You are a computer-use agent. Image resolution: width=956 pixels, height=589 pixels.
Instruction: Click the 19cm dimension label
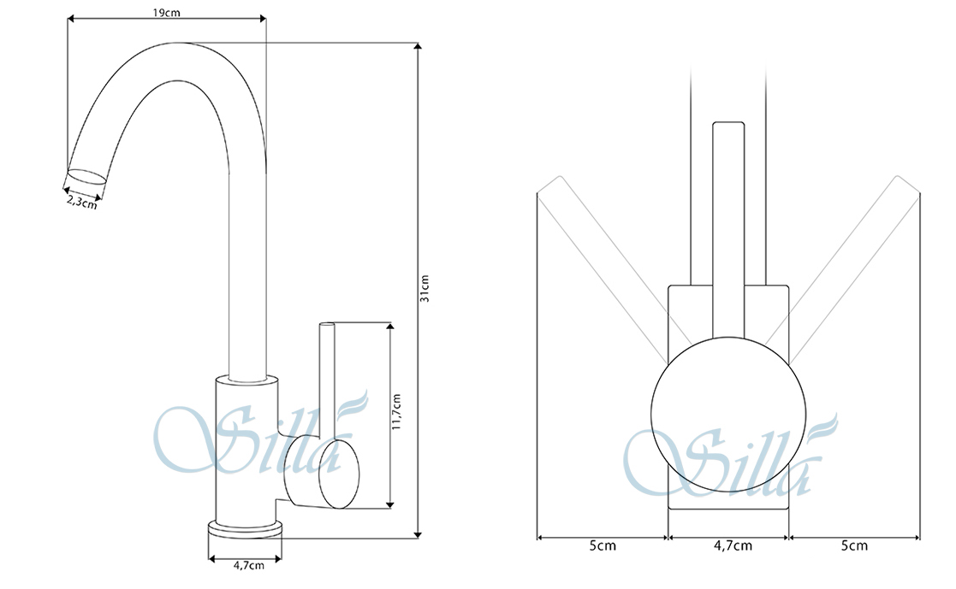(x=166, y=12)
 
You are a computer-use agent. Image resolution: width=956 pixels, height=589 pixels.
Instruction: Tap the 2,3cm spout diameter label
(x=81, y=201)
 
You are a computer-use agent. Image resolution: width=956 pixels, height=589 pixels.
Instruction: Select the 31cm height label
(x=425, y=289)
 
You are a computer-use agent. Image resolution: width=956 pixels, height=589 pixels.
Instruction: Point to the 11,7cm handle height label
(x=397, y=412)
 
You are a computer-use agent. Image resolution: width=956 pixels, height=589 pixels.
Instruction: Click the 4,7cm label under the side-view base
(x=249, y=565)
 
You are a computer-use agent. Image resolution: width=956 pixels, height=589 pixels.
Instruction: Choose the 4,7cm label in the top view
(x=733, y=545)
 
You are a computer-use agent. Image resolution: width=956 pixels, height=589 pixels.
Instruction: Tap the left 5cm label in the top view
(x=603, y=545)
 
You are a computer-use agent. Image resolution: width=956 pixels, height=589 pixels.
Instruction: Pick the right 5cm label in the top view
(x=854, y=545)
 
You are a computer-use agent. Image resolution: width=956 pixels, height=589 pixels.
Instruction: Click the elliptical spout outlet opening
(x=86, y=176)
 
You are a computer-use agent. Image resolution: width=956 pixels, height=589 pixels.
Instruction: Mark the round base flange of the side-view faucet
(x=245, y=528)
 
